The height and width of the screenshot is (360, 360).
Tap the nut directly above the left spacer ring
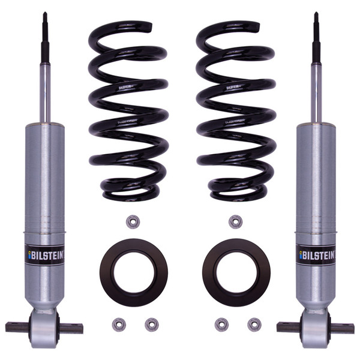pyautogui.click(x=133, y=221)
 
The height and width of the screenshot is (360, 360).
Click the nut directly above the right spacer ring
pyautogui.click(x=235, y=221)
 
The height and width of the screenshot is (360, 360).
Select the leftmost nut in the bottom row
pyautogui.click(x=118, y=325)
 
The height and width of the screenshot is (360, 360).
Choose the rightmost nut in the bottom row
pyautogui.click(x=254, y=325)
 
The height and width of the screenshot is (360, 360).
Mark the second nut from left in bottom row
pyautogui.click(x=151, y=325)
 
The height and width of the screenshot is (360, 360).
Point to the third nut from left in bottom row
pyautogui.click(x=221, y=325)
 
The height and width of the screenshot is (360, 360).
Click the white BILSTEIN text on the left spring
pyautogui.click(x=127, y=87)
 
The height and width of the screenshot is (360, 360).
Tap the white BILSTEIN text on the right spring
pyautogui.click(x=235, y=87)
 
